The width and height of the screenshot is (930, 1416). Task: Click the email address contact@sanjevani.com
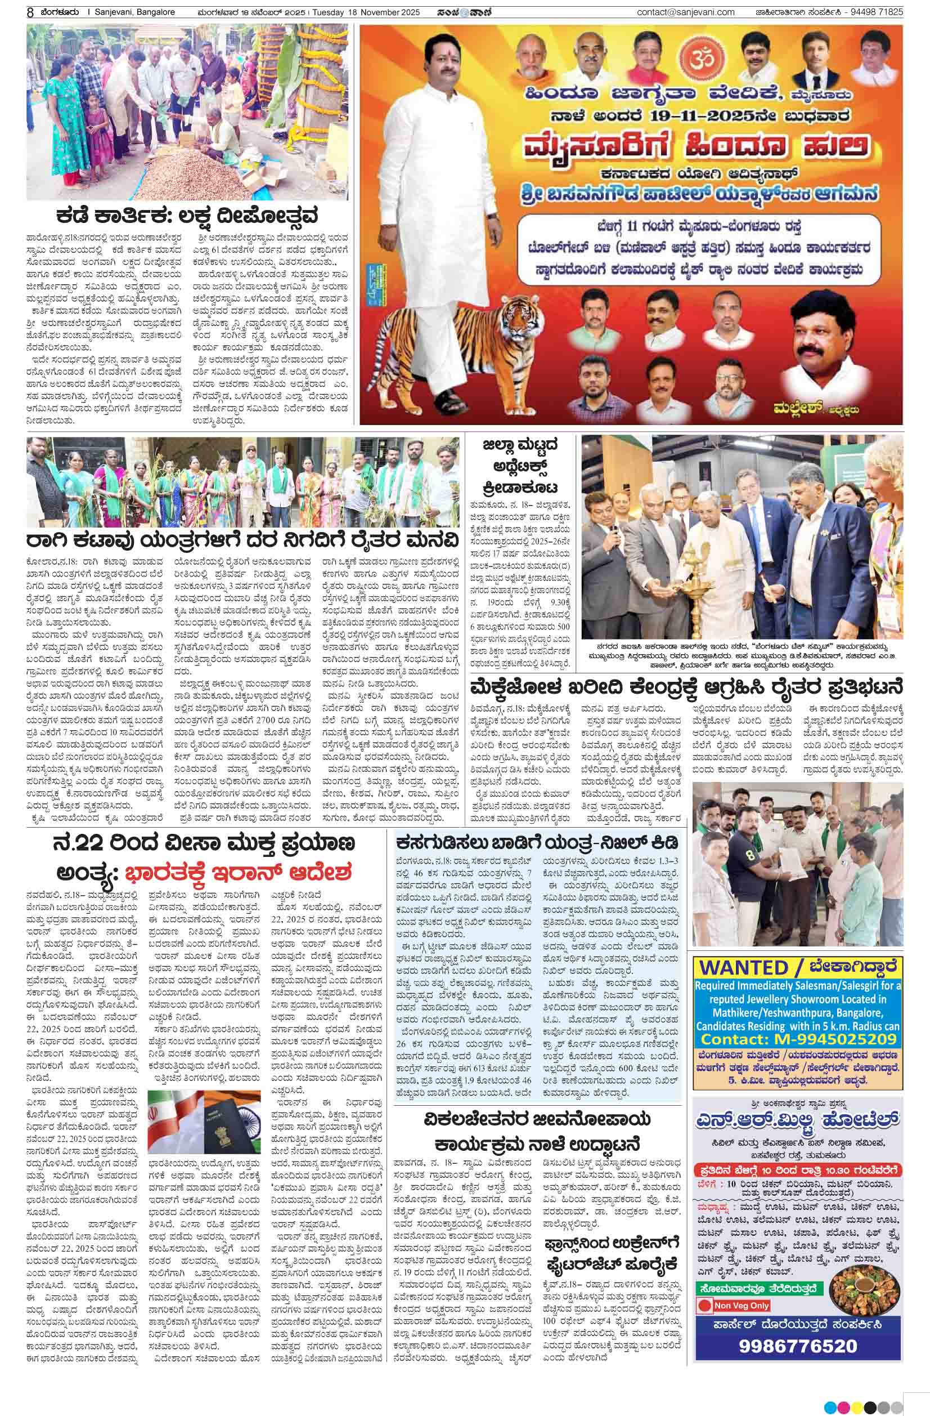tap(685, 12)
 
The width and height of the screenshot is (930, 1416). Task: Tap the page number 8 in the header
tap(30, 12)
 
